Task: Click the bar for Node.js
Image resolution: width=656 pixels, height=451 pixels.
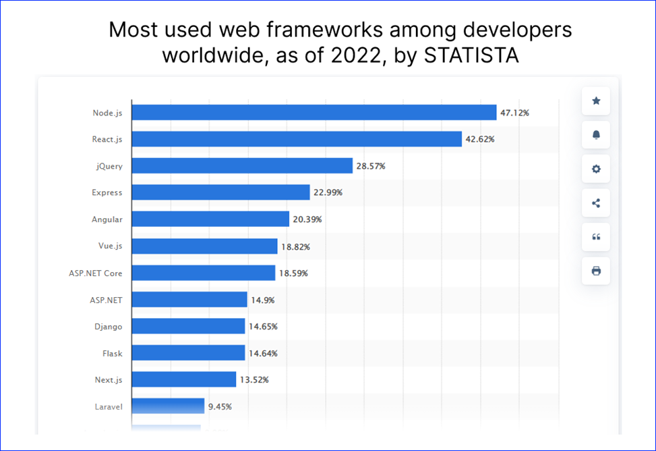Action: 314,112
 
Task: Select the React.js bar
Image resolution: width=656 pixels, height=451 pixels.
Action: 297,139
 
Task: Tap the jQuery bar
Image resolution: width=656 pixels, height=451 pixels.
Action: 242,165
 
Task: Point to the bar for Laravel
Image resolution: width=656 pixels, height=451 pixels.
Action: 168,406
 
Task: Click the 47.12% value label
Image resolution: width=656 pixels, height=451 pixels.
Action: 514,113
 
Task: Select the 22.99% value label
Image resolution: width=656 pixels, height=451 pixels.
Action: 328,192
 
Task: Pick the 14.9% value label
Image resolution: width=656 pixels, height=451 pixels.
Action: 262,300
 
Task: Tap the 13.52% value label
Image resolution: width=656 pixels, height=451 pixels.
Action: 254,379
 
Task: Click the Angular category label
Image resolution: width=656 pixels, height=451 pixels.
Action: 107,219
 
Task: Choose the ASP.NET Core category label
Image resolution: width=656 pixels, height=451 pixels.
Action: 96,273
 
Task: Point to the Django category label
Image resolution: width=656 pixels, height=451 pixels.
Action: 109,327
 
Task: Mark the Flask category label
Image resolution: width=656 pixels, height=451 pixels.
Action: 112,353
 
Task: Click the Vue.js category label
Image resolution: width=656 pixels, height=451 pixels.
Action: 110,246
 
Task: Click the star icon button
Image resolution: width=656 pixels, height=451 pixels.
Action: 596,101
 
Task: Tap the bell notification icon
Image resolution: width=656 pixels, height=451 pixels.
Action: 596,135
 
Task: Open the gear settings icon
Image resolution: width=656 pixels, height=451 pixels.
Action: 596,169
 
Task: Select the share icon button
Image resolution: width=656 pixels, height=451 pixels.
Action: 596,203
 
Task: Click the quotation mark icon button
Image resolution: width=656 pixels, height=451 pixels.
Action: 596,237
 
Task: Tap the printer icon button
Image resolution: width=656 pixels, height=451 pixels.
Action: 596,271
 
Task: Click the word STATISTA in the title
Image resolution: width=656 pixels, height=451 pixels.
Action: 471,55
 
